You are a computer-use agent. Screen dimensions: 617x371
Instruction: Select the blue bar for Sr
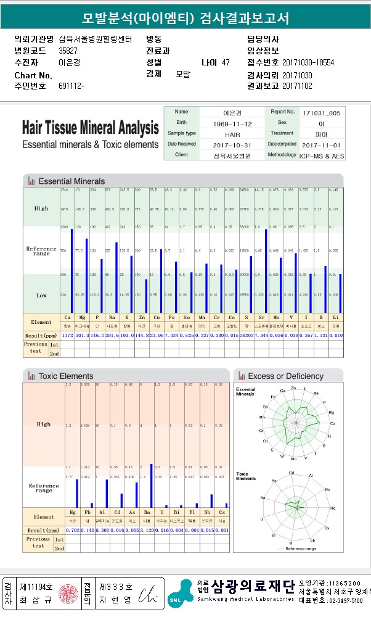[266, 271]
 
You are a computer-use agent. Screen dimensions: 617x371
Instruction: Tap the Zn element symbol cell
[146, 317]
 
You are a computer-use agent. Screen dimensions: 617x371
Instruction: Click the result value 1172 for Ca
[67, 334]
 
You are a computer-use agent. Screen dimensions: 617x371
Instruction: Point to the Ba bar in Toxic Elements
[151, 485]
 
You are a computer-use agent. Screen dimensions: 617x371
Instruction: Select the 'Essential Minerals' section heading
[71, 181]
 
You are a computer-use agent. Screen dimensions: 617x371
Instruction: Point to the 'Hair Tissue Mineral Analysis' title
[90, 128]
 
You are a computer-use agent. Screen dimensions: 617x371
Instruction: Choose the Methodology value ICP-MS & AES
[321, 155]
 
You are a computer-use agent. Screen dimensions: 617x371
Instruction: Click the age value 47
[226, 62]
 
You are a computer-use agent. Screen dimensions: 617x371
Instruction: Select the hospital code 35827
[68, 51]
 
